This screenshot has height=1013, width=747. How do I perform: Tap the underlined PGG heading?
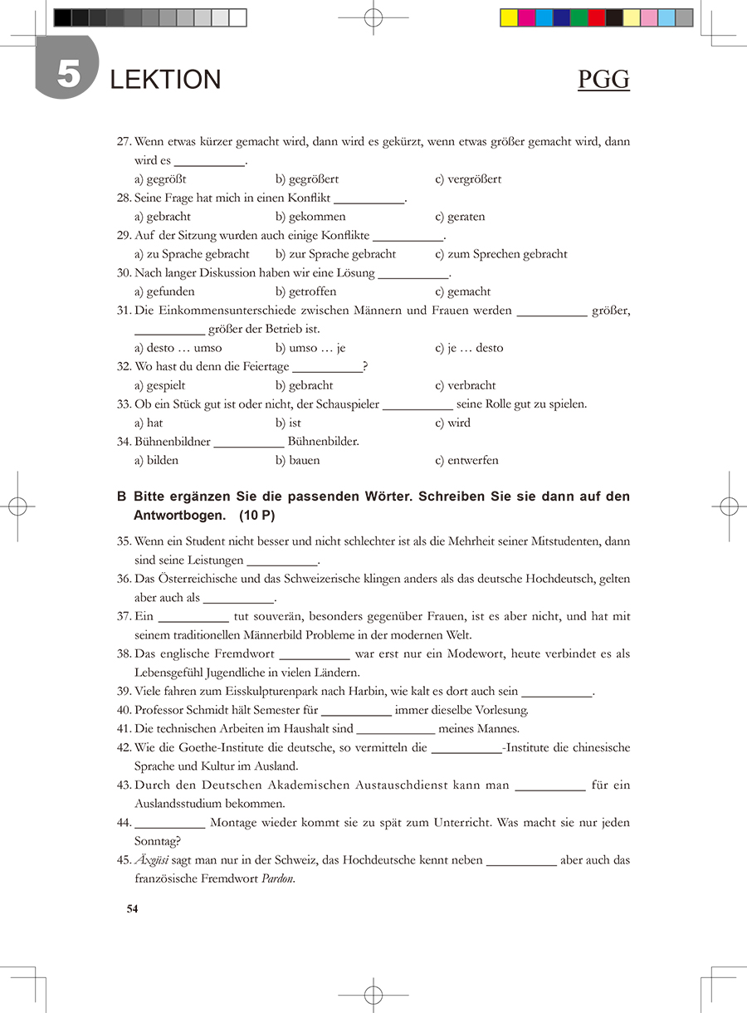pyautogui.click(x=603, y=80)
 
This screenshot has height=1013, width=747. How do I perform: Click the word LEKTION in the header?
pyautogui.click(x=165, y=80)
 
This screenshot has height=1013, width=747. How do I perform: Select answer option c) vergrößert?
pyautogui.click(x=468, y=179)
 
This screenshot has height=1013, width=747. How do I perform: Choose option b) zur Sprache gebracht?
pyautogui.click(x=336, y=254)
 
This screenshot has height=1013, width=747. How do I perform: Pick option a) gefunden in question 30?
pyautogui.click(x=164, y=291)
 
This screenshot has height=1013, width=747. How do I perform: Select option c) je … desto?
pyautogui.click(x=469, y=348)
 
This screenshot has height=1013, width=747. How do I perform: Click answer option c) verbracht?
pyautogui.click(x=466, y=385)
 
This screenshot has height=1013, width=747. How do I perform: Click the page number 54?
pyautogui.click(x=132, y=908)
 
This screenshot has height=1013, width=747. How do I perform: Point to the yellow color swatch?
pyautogui.click(x=509, y=17)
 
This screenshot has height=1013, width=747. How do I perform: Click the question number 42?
pyautogui.click(x=124, y=747)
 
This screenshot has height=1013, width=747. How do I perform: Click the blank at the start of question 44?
pyautogui.click(x=169, y=823)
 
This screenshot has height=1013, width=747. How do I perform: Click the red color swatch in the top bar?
pyautogui.click(x=596, y=17)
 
